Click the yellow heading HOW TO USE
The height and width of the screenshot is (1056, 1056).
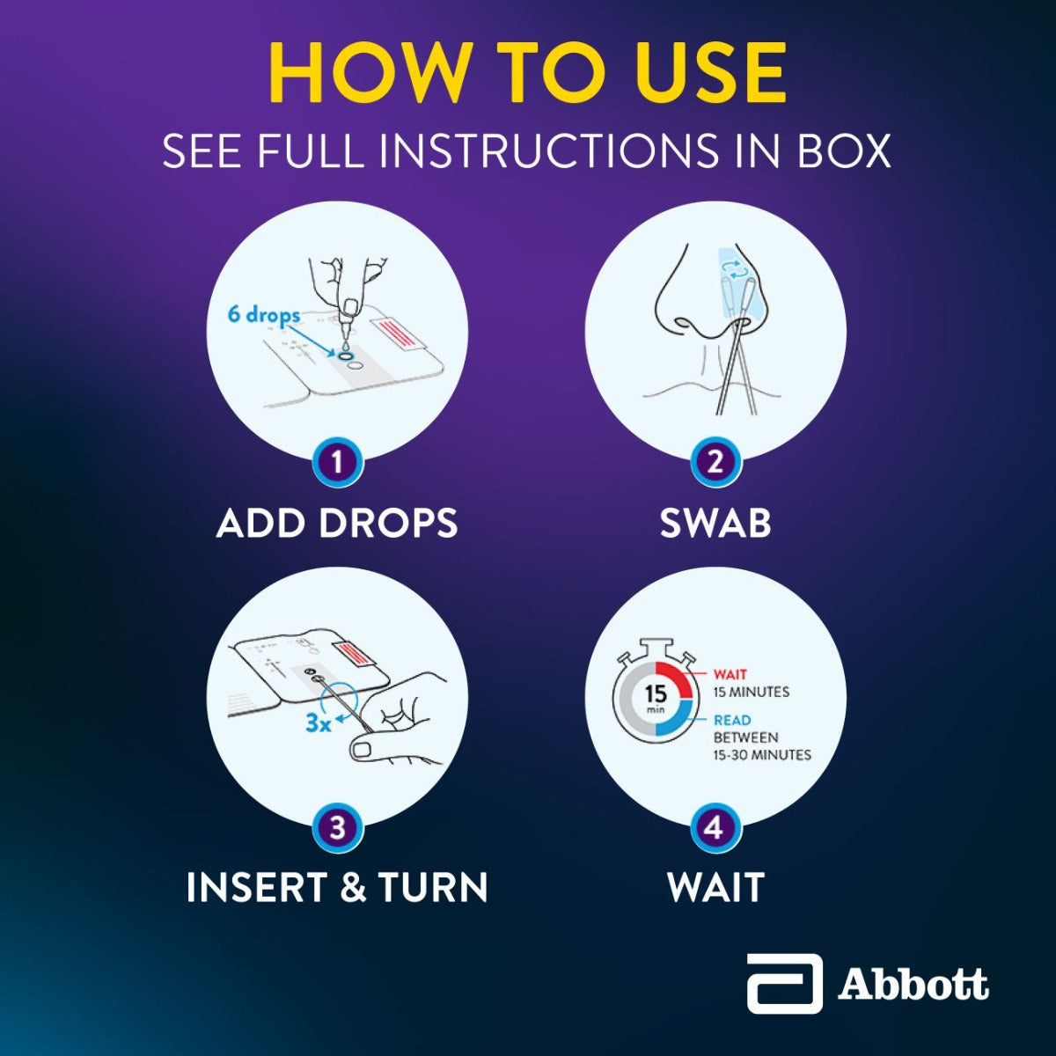pos(527,74)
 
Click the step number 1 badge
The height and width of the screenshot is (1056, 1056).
pos(336,461)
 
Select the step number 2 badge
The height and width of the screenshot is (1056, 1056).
pos(715,461)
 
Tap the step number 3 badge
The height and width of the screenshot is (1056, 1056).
pos(336,828)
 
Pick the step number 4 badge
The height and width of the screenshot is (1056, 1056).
pos(715,828)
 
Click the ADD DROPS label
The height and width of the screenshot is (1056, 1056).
pos(337,523)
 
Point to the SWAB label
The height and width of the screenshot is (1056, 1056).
pos(715,523)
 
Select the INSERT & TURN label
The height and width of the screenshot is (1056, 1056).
pos(337,887)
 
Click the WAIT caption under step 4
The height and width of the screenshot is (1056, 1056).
pos(715,887)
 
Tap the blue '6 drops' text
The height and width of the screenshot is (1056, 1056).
pos(263,314)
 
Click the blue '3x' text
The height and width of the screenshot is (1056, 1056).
pos(318,723)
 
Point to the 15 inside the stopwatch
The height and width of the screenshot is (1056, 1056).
pos(656,694)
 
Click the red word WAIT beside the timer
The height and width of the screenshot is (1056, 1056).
pos(730,675)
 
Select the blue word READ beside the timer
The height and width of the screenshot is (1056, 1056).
pos(732,720)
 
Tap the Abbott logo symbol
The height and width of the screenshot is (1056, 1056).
pos(784,983)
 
